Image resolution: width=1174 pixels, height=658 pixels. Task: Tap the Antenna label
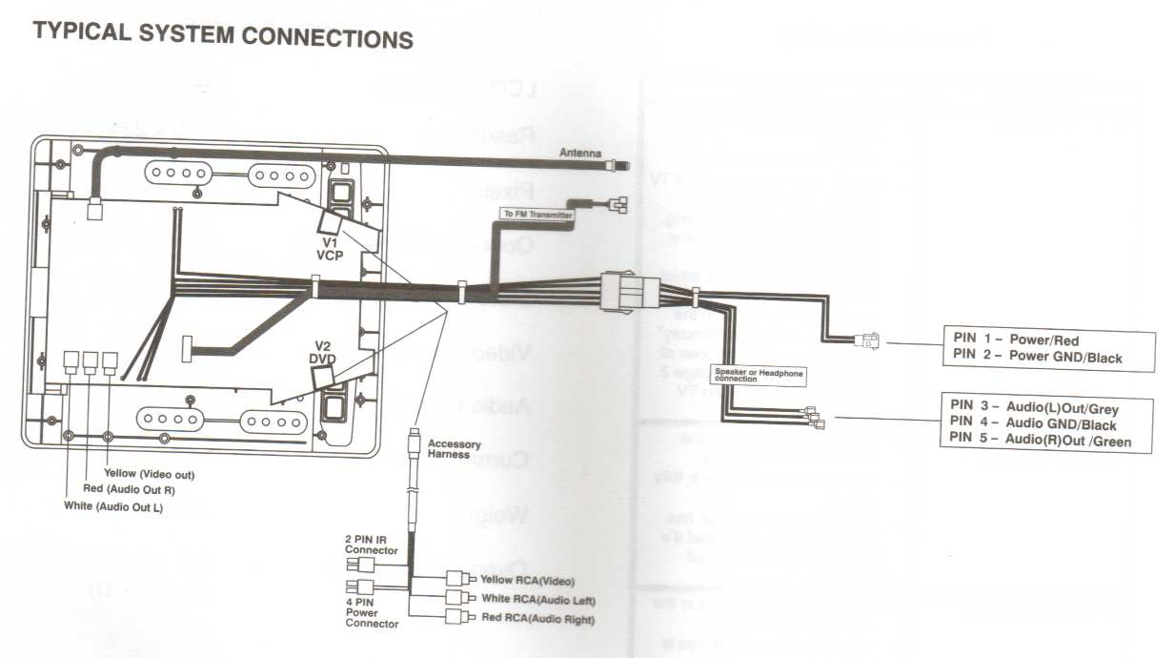pyautogui.click(x=579, y=153)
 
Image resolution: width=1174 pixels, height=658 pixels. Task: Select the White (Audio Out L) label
pyautogui.click(x=113, y=505)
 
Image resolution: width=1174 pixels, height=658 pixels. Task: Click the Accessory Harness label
pyautogui.click(x=455, y=449)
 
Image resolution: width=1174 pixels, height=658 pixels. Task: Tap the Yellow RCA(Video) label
pyautogui.click(x=528, y=580)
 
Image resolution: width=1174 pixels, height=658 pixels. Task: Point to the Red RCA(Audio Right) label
pyautogui.click(x=538, y=620)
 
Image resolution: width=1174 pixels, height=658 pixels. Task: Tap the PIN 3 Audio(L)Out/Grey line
pyautogui.click(x=1034, y=408)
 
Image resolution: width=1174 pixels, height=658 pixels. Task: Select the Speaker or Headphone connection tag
pyautogui.click(x=758, y=375)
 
